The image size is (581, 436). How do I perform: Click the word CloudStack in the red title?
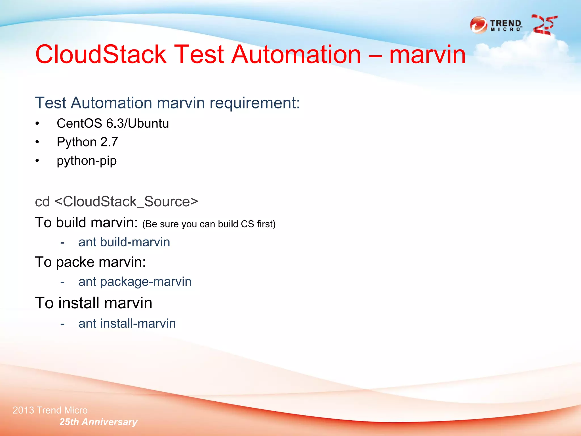pos(101,54)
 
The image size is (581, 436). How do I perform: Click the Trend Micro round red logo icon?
pos(479,25)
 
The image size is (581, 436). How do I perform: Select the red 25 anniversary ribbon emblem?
pos(544,25)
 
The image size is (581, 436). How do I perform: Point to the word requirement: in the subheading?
pos(254,103)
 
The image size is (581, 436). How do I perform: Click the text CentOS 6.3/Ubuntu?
pos(113,123)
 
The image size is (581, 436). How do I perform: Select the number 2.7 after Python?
pos(109,142)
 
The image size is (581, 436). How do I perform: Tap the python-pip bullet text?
pos(87,161)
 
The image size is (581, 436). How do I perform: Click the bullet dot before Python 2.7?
pos(37,142)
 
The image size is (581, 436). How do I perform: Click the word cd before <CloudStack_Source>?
pos(42,202)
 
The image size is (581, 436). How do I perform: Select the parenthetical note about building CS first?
pos(209,224)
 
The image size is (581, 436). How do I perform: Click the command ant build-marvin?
pos(124,242)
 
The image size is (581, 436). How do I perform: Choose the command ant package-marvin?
pos(135,282)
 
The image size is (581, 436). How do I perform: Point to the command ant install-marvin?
pos(127,324)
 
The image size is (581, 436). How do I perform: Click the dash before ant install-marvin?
pos(62,324)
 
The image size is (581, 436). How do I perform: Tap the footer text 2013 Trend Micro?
pos(50,410)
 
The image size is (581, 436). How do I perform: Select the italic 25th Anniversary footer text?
pos(98,422)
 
